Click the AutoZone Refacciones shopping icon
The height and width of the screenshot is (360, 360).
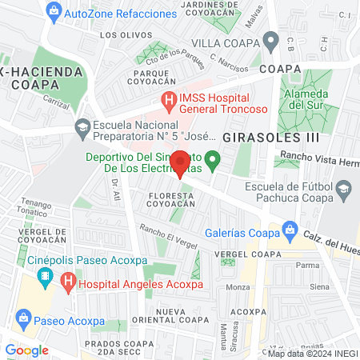54,11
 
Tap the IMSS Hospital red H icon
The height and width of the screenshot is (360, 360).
168,101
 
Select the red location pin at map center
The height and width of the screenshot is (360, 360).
180,162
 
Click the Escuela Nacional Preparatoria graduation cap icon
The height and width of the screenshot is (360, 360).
82,126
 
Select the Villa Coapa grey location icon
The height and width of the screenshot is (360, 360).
271,40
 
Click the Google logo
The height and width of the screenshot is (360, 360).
26,350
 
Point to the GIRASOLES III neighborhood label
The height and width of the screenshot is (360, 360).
259,138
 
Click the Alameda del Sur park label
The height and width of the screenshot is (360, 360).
308,98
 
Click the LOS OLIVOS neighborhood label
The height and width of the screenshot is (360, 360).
120,35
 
